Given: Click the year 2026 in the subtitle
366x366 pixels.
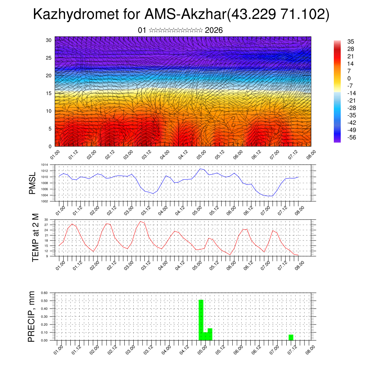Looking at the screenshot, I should (x=214, y=30).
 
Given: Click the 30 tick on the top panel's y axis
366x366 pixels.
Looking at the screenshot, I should (x=49, y=40).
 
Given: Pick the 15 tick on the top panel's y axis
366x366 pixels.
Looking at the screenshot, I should (x=49, y=93).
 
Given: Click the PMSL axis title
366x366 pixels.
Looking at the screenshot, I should (x=33, y=183).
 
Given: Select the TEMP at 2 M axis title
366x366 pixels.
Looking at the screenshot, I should (x=35, y=237).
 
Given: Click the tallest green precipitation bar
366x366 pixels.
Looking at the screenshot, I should (x=201, y=320).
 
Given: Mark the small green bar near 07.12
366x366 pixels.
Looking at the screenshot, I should (x=291, y=337).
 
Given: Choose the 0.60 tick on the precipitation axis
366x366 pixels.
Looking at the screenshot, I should (x=44, y=293).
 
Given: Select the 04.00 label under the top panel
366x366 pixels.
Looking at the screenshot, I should (x=164, y=155).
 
